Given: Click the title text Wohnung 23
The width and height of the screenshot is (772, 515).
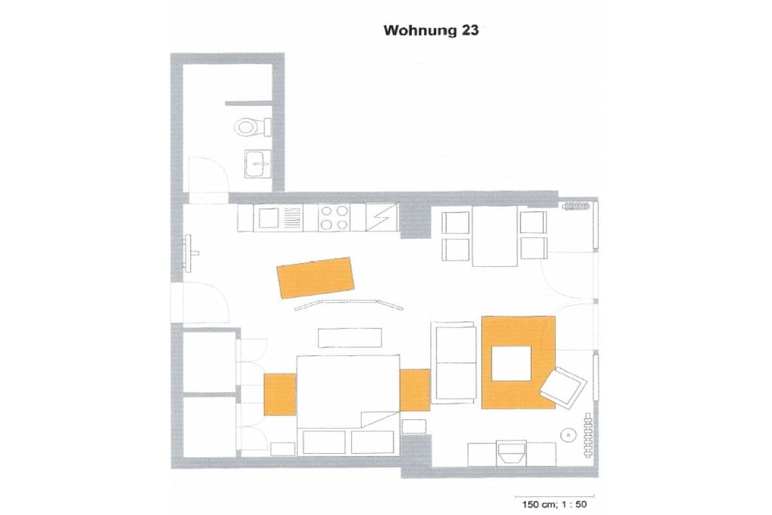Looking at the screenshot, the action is point(430,30).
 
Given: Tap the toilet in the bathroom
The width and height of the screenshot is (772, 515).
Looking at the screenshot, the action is point(252,127).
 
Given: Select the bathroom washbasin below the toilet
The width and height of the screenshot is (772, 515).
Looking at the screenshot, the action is point(257,164).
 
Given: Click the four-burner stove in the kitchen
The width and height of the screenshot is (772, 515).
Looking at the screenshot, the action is point(334,218).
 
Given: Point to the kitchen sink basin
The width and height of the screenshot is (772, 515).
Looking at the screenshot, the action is point(269,218).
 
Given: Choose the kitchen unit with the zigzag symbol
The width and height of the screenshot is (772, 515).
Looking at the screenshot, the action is point(381,217).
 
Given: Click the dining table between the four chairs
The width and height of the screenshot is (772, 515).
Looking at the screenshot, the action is point(495,236).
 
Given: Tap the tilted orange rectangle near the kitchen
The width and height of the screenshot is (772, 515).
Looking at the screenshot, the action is point(316,277).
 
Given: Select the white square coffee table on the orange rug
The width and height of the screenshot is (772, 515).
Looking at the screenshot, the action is point(512,363).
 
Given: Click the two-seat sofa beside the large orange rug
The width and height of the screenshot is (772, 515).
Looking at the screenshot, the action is point(454,363).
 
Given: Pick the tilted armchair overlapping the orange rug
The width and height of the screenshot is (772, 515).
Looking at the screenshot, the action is point(563,388).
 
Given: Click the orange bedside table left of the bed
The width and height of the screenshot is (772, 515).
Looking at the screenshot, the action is point(280,394).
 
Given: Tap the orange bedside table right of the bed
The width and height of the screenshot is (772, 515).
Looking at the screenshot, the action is point(415,390).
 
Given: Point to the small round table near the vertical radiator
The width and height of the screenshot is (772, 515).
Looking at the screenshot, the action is point(569,435).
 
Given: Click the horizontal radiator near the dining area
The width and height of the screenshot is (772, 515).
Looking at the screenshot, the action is point(576,206).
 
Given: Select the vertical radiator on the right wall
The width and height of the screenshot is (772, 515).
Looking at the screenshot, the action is point(587,435).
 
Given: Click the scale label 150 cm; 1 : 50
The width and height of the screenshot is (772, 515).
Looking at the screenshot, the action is point(554,504).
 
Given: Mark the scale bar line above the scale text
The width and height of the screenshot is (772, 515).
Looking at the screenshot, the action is point(554,496).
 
